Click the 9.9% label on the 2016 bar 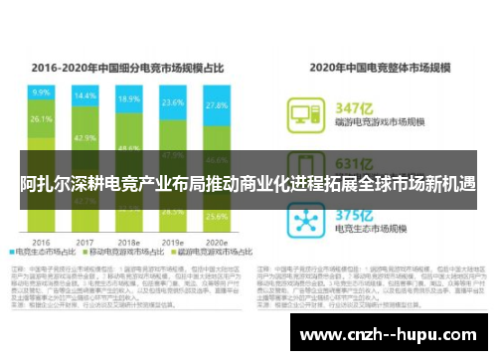tap(41, 91)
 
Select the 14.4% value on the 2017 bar tap(85, 96)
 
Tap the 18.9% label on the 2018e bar tap(128, 99)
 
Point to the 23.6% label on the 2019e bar tap(173, 102)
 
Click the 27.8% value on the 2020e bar tap(216, 105)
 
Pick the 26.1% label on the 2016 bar tap(41, 118)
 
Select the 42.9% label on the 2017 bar tap(85, 138)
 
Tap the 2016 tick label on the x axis tap(41, 241)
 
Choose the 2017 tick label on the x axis tap(85, 241)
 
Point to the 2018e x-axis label tap(128, 241)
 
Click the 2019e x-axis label tap(173, 241)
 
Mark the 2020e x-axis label tap(216, 241)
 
